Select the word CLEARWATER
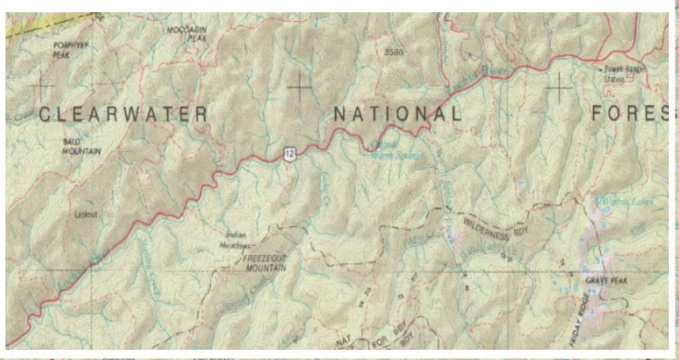point(123,114)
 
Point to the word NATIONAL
point(397,113)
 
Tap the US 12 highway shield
point(290,154)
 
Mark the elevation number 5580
point(393,52)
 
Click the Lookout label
point(86,214)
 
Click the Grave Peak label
point(608,280)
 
